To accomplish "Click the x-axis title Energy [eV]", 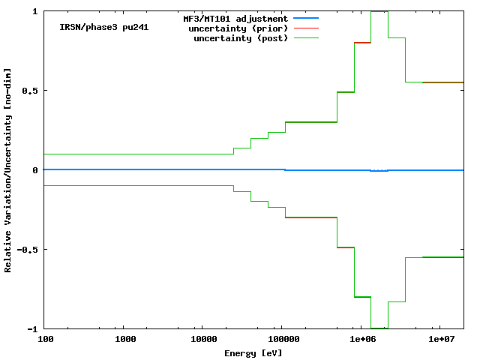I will [x=253, y=352].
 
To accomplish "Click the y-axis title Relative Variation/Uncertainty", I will [x=8, y=169].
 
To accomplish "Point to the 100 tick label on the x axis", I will [x=46, y=340].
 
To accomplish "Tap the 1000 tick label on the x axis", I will [x=125, y=340].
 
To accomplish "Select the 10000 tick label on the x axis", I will [x=201, y=340].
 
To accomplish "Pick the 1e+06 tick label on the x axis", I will [x=361, y=340].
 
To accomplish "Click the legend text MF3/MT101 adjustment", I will [x=235, y=18].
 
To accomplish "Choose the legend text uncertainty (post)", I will [x=240, y=38].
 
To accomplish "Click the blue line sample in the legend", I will [x=307, y=18].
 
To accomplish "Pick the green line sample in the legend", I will [x=307, y=37].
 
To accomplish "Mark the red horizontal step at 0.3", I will [x=311, y=121].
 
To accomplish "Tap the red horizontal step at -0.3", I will [x=311, y=217].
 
